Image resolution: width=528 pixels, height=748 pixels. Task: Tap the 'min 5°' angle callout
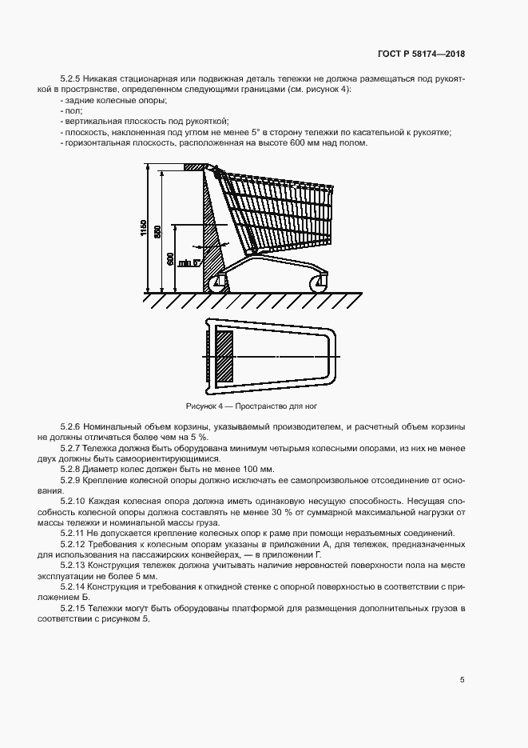tap(189, 262)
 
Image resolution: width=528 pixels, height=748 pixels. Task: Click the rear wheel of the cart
tap(216, 282)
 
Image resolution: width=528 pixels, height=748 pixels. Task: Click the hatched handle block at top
tap(194, 167)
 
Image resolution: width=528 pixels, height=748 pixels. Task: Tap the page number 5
tap(462, 680)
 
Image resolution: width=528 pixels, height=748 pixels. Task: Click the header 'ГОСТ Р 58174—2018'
tap(421, 54)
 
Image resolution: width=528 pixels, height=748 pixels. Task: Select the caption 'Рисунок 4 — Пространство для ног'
tap(256, 406)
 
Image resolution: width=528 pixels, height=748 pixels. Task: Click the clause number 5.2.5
tap(72, 79)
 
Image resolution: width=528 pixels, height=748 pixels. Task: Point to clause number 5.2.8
tap(72, 468)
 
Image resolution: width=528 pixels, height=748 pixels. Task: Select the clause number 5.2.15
tap(74, 610)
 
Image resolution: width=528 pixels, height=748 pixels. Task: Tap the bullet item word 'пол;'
tap(72, 111)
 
